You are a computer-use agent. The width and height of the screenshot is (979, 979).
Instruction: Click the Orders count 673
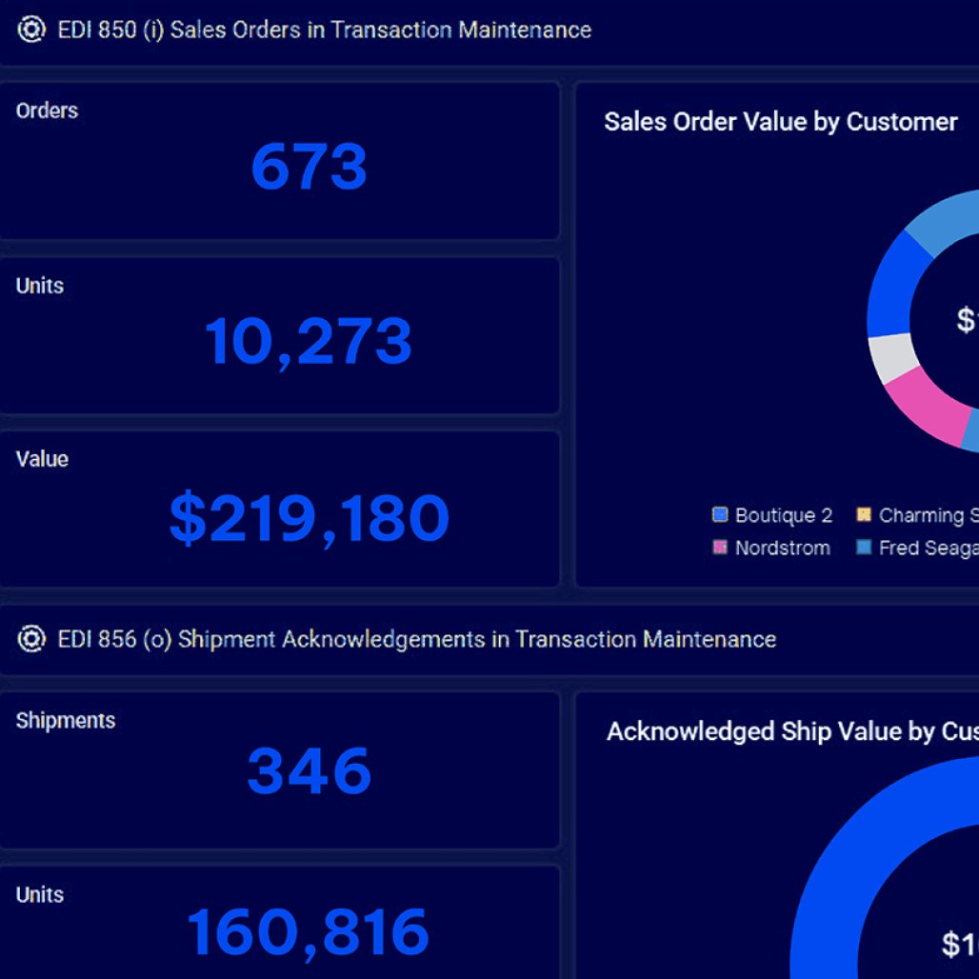pyautogui.click(x=309, y=168)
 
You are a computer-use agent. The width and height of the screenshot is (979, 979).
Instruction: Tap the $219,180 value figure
pyautogui.click(x=309, y=519)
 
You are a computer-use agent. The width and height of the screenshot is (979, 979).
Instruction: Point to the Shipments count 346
pyautogui.click(x=309, y=770)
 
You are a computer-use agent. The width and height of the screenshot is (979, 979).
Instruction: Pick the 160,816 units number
pyautogui.click(x=308, y=932)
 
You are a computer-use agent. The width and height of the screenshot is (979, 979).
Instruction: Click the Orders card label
pyautogui.click(x=47, y=110)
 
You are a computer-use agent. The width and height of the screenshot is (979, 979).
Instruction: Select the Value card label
pyautogui.click(x=42, y=459)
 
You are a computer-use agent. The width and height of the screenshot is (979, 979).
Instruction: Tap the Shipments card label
pyautogui.click(x=65, y=720)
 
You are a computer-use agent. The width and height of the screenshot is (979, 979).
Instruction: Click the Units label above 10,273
pyautogui.click(x=39, y=286)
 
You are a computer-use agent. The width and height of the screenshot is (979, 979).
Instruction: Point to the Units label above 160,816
pyautogui.click(x=39, y=895)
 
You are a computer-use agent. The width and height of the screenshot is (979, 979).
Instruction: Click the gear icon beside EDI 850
pyautogui.click(x=31, y=30)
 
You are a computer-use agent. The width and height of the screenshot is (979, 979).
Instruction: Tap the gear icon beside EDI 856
pyautogui.click(x=31, y=639)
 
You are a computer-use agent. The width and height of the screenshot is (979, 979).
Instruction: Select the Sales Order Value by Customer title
pyautogui.click(x=780, y=122)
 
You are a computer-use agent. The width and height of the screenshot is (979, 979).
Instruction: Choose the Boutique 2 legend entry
pyautogui.click(x=772, y=515)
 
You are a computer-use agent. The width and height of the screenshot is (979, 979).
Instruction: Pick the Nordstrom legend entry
pyautogui.click(x=771, y=548)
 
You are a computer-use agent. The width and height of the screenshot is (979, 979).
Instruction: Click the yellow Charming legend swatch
pyautogui.click(x=865, y=515)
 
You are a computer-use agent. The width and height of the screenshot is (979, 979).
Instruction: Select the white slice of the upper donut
pyautogui.click(x=892, y=357)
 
